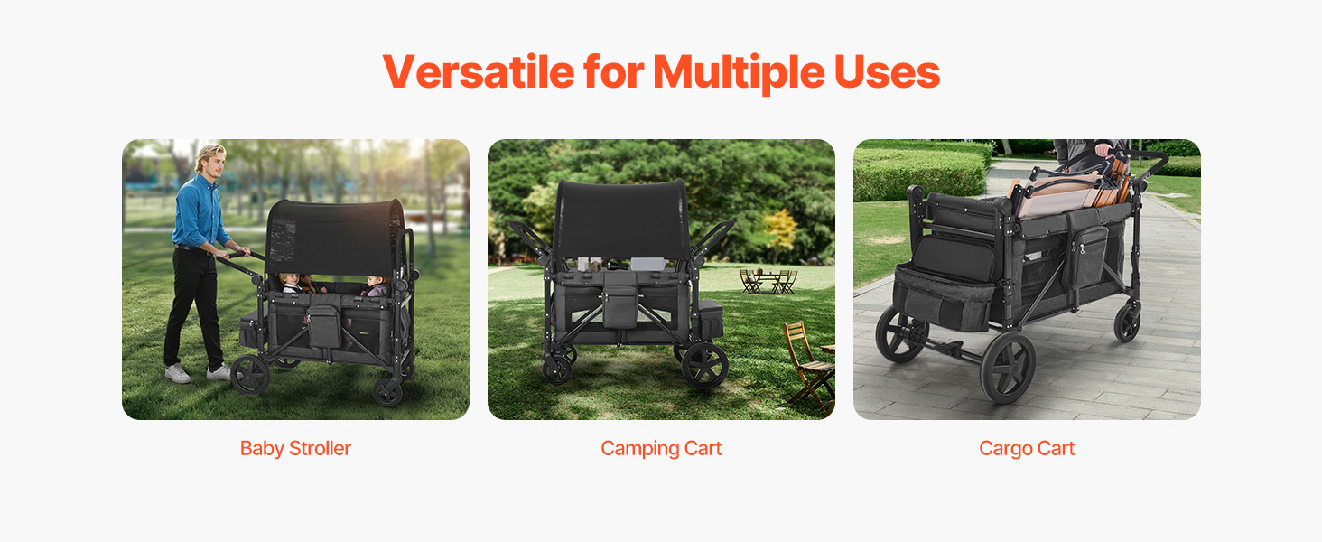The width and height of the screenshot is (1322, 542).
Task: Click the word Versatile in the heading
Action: click(x=479, y=72)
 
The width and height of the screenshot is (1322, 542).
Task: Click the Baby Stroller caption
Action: click(x=295, y=449)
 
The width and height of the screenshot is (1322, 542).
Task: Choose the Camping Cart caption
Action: click(x=661, y=449)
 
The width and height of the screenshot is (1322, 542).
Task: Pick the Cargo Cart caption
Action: click(x=1027, y=449)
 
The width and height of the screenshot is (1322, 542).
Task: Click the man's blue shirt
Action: click(x=200, y=211)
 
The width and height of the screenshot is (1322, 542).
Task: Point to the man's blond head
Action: click(x=210, y=158)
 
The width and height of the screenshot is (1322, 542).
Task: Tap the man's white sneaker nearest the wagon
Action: click(x=219, y=372)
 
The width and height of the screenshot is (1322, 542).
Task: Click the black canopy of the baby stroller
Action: click(x=335, y=236)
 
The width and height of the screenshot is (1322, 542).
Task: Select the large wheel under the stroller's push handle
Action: click(x=250, y=374)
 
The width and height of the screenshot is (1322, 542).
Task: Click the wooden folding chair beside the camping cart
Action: click(x=807, y=365)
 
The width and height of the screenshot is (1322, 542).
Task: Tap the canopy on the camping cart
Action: click(x=622, y=220)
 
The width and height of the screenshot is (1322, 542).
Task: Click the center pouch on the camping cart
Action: click(x=619, y=307)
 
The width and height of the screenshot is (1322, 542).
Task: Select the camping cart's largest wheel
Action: click(x=704, y=366)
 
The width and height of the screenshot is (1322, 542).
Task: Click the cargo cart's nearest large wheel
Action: click(x=1008, y=368)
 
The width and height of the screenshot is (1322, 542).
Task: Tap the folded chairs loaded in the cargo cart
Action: click(x=1068, y=189)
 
